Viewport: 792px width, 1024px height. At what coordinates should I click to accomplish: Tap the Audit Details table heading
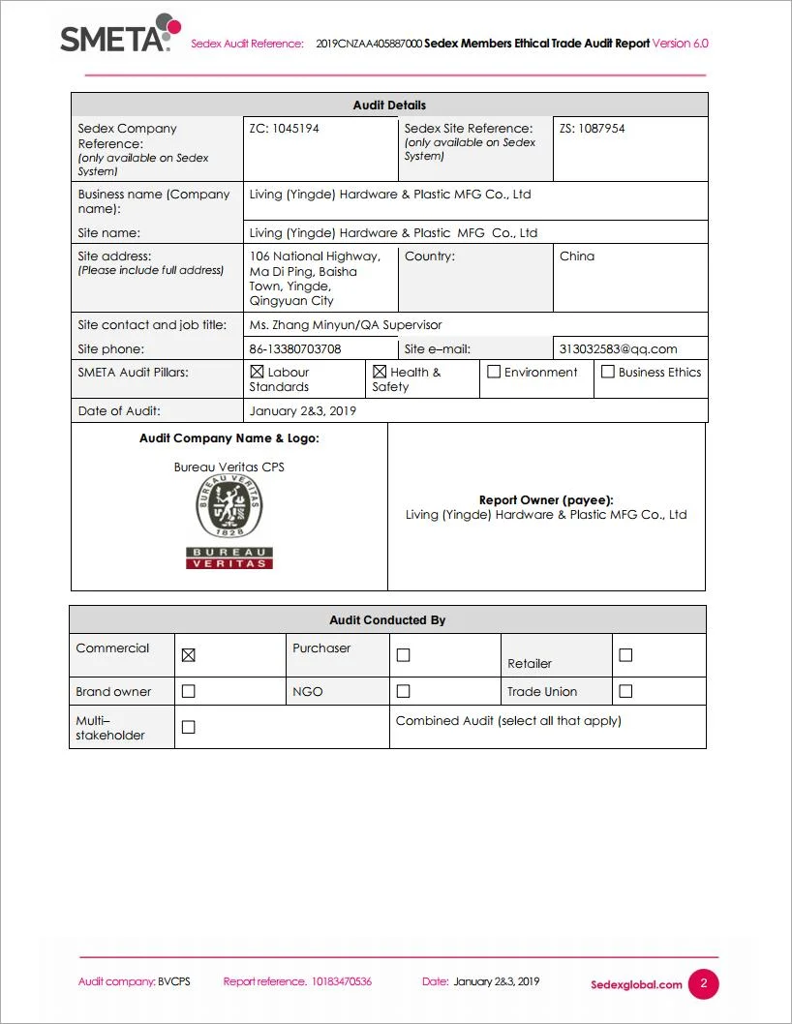pos(389,105)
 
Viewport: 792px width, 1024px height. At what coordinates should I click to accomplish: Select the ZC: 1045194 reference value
pos(284,129)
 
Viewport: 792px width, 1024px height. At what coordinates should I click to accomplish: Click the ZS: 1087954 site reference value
pos(592,129)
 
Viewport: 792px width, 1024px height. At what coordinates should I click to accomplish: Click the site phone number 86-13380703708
pos(295,349)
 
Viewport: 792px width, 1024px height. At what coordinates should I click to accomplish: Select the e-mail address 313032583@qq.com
pos(618,349)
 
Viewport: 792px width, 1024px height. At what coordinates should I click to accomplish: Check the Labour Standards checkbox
pos(257,372)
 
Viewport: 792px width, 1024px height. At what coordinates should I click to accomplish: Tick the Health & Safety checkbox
pos(380,372)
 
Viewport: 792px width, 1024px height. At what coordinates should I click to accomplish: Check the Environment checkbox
pos(494,372)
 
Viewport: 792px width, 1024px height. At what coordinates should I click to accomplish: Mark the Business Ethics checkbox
pos(608,372)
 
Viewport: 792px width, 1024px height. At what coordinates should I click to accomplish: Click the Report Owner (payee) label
pos(546,500)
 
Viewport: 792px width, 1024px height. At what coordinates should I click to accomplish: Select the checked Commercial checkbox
pos(189,655)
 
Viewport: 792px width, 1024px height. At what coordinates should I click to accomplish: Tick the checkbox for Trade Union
pos(625,691)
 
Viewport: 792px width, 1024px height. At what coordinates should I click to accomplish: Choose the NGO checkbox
pos(404,691)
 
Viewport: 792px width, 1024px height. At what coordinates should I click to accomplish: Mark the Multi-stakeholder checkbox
pos(189,727)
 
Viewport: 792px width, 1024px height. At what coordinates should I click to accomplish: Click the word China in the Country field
pos(577,256)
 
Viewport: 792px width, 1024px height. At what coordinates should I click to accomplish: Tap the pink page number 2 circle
pos(704,984)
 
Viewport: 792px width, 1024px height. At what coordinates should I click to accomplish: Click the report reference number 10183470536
pos(341,981)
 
